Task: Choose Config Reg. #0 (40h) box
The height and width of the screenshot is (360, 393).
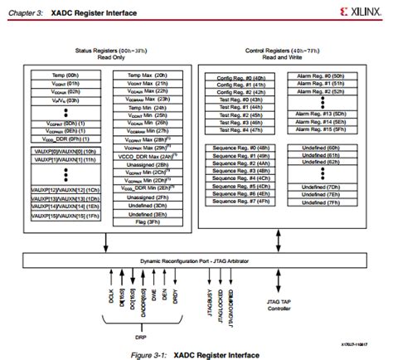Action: pos(240,75)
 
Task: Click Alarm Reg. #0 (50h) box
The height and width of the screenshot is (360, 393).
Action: pos(319,75)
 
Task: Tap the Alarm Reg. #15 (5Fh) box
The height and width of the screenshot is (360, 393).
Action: pos(319,129)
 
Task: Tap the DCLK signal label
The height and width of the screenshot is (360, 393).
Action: pos(109,296)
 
